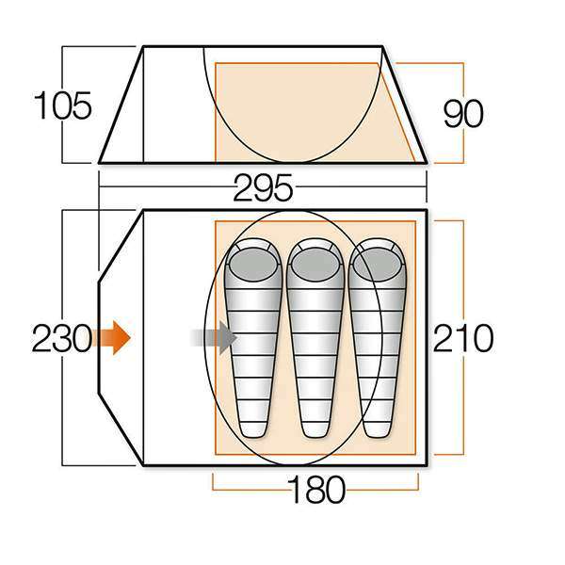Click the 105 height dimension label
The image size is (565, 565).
click(63, 105)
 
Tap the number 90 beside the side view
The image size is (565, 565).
click(462, 113)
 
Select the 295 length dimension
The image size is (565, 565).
click(263, 187)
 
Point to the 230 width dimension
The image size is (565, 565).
click(61, 338)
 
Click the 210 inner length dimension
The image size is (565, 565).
click(462, 338)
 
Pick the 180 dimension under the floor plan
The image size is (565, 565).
click(316, 490)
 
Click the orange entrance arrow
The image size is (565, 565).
click(111, 338)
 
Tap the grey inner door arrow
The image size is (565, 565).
click(214, 338)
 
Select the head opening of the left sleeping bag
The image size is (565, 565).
click(253, 265)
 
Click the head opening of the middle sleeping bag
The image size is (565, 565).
click(315, 265)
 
